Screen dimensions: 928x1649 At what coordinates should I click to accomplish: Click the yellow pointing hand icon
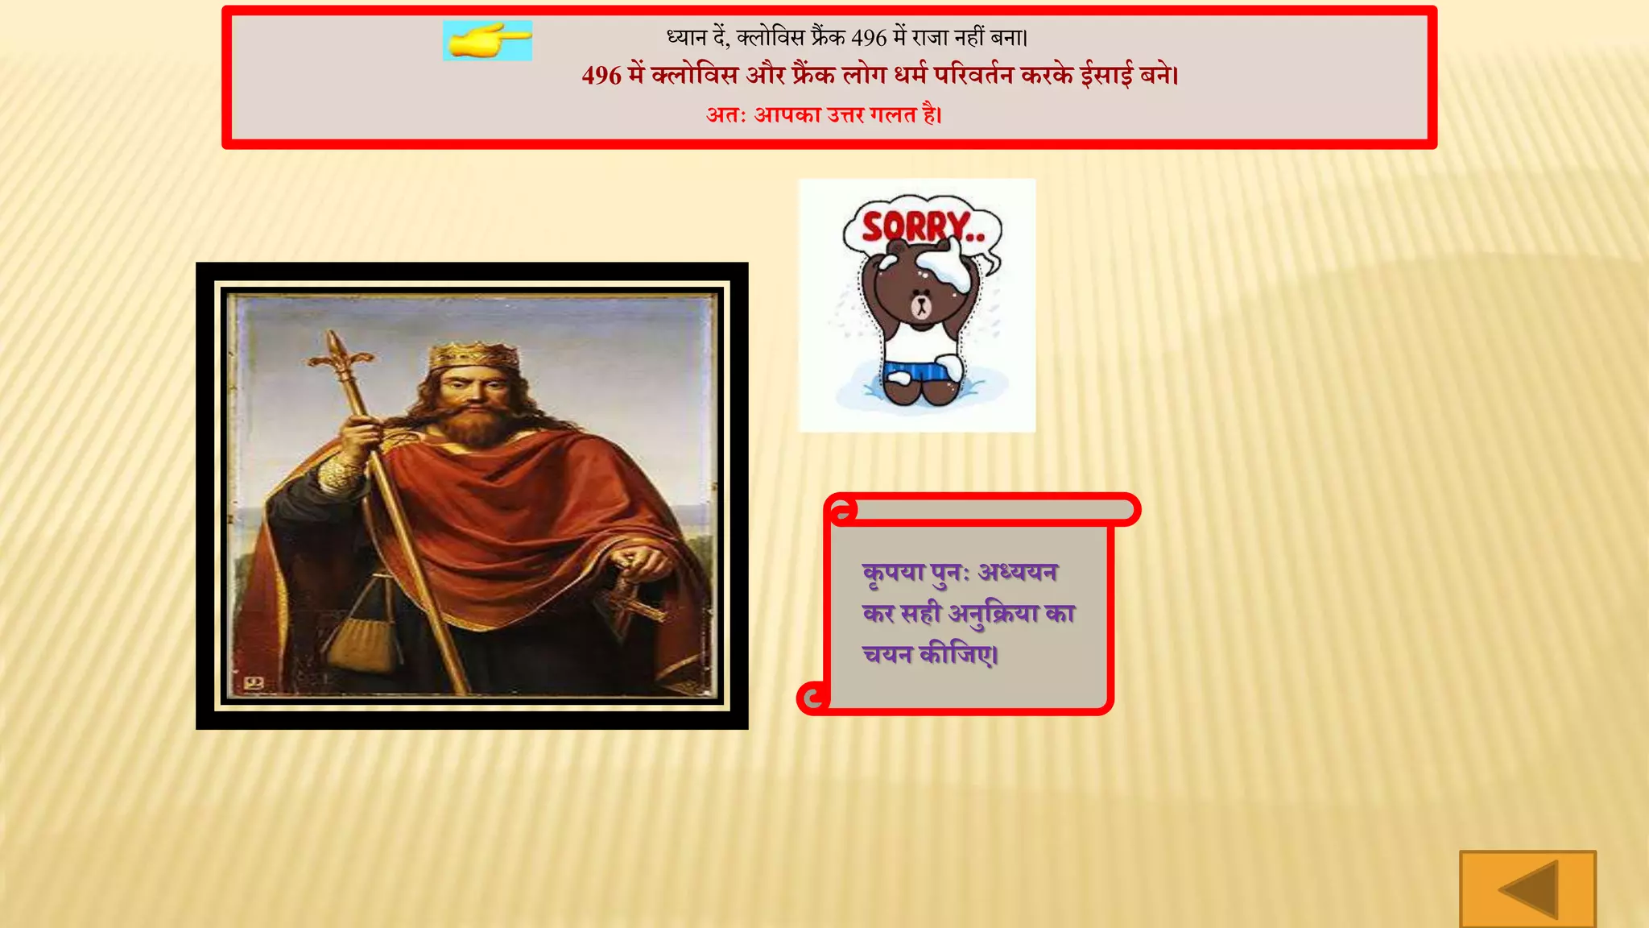point(487,40)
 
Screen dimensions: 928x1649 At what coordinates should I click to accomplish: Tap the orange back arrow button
point(1527,889)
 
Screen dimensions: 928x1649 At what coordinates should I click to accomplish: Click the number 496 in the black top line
point(869,37)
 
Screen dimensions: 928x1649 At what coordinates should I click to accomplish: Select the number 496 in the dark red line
point(601,76)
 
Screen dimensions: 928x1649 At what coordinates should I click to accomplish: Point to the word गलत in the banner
point(893,115)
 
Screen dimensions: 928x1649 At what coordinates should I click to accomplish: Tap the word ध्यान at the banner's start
point(686,37)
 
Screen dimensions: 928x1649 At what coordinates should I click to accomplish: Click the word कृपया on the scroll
point(893,573)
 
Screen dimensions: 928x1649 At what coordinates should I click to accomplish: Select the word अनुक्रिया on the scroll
point(993,614)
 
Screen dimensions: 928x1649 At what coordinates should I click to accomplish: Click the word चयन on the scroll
point(887,654)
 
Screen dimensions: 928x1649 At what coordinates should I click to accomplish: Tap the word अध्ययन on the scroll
point(1018,572)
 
